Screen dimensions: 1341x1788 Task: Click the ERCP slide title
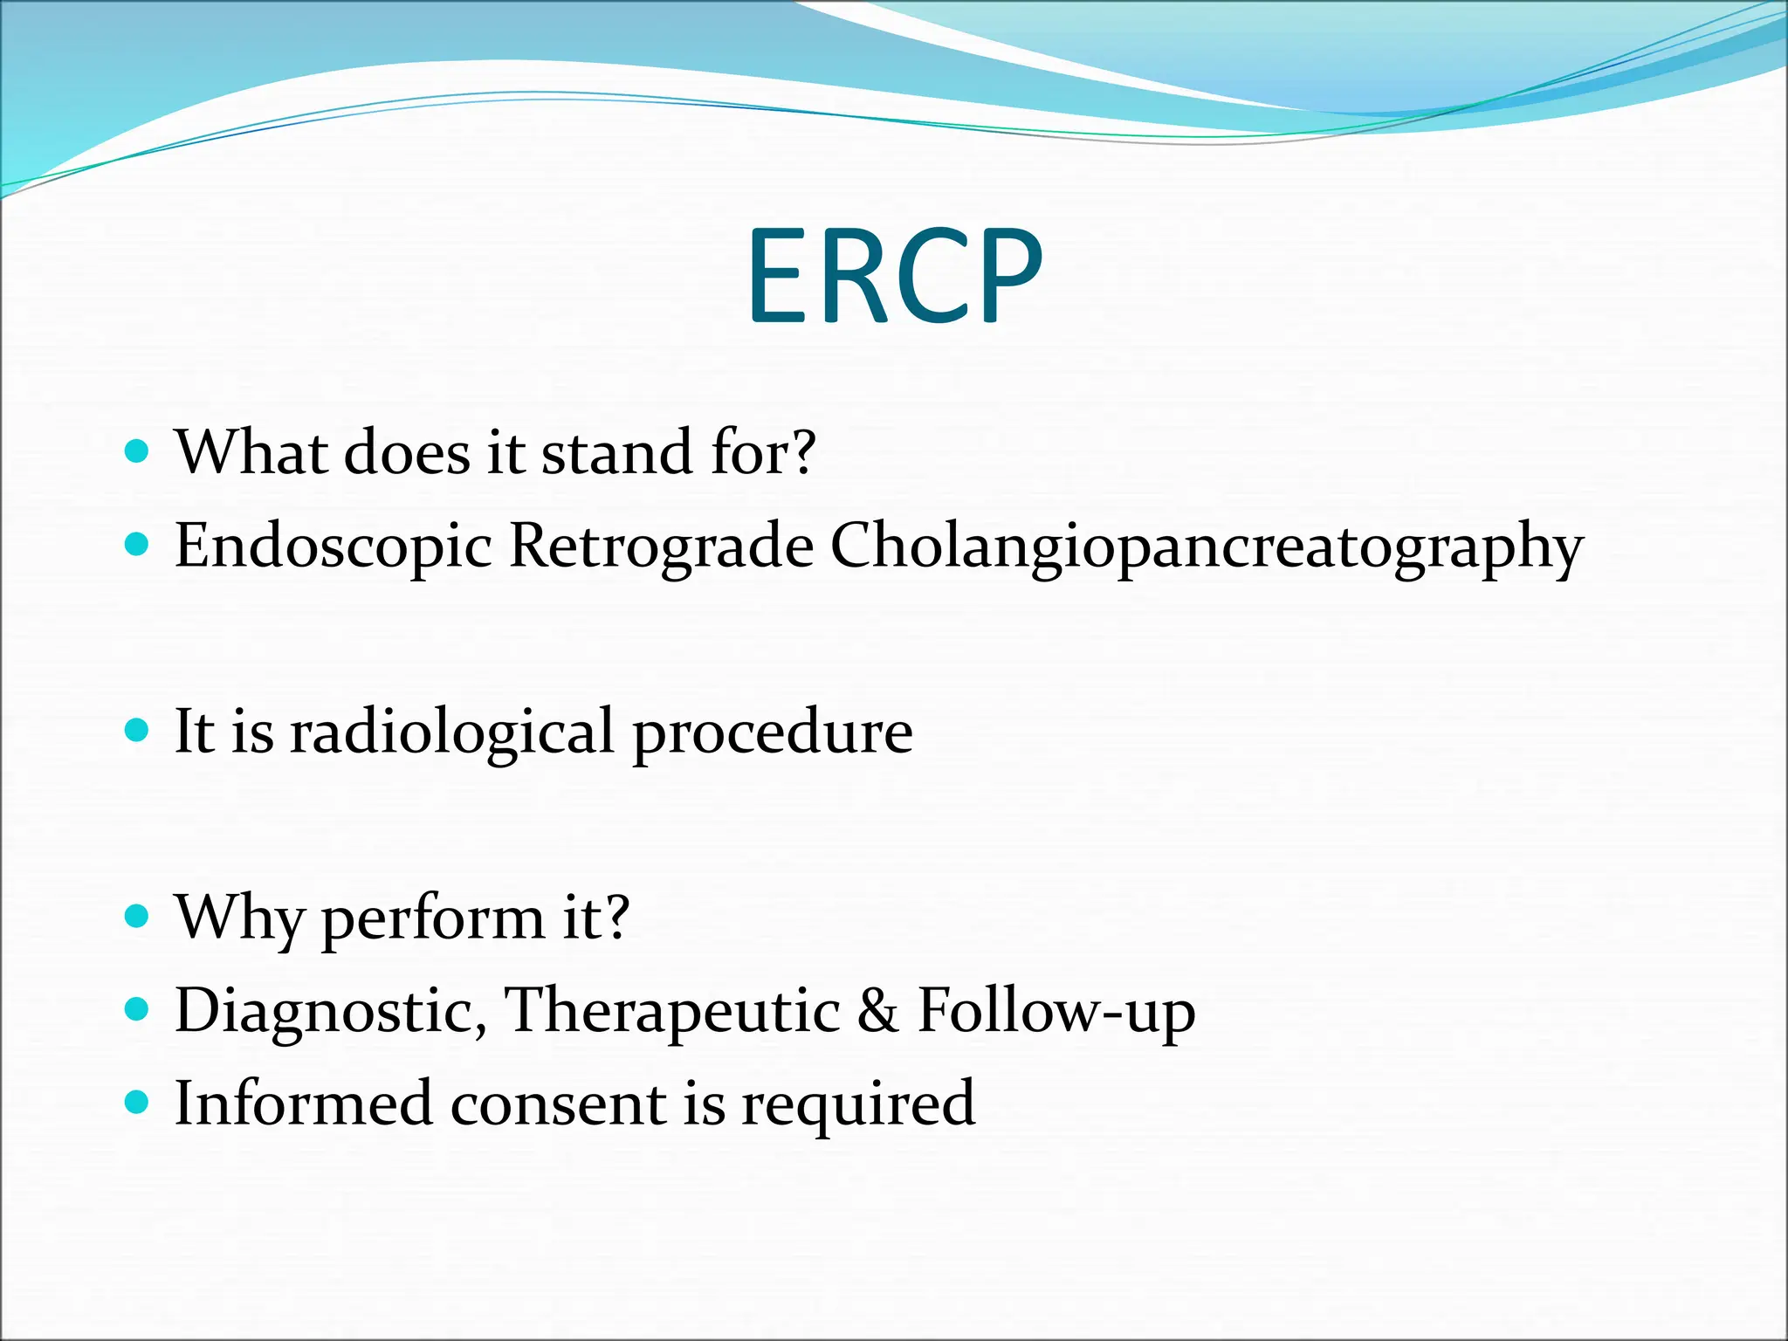click(x=895, y=275)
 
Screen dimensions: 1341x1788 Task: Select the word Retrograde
click(x=661, y=547)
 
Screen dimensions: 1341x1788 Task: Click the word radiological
click(x=452, y=732)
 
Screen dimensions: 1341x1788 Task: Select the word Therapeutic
click(x=672, y=1011)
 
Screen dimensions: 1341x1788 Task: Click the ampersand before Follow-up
click(x=877, y=1011)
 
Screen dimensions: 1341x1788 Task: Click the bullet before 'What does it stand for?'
click(x=137, y=451)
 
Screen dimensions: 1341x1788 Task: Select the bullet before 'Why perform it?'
click(x=137, y=916)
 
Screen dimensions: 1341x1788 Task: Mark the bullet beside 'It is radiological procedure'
click(x=137, y=730)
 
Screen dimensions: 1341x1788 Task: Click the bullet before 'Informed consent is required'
click(x=137, y=1102)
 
